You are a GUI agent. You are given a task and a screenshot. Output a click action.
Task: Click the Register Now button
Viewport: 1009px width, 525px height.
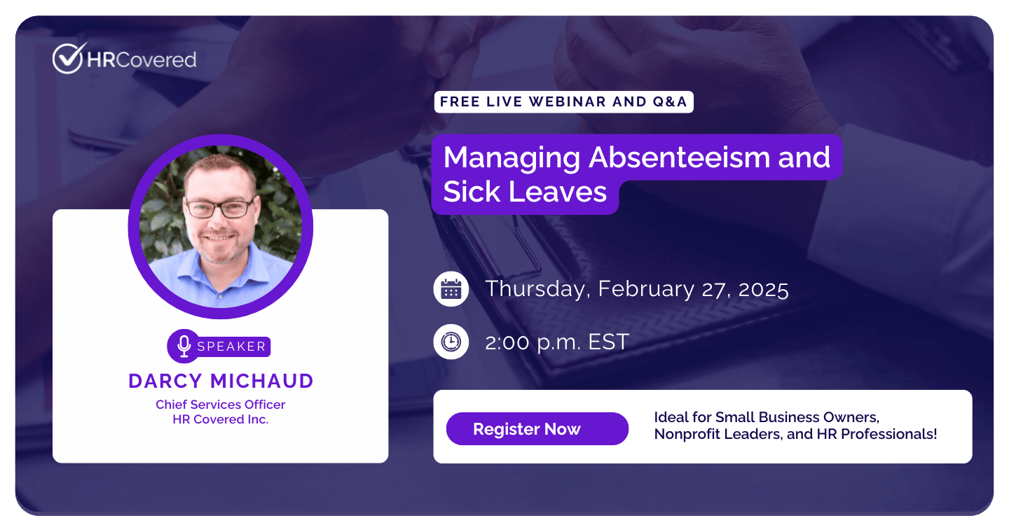coord(537,428)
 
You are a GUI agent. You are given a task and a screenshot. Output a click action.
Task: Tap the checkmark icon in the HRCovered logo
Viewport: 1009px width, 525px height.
coord(69,58)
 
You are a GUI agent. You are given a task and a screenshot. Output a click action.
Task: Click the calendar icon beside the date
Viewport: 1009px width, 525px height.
coord(451,289)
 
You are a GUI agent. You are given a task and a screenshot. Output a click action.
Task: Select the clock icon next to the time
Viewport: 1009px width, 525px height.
coord(451,342)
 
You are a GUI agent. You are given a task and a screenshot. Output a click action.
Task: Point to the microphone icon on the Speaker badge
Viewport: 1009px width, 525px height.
coord(184,346)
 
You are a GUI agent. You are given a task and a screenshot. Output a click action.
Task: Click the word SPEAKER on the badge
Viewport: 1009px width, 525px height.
coord(231,346)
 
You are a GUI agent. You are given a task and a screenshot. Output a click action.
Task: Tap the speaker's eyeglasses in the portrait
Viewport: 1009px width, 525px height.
coord(220,208)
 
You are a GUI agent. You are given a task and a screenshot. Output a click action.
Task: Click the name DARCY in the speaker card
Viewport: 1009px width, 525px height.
coord(165,381)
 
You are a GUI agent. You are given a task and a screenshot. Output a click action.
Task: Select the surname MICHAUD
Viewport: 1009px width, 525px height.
coord(262,381)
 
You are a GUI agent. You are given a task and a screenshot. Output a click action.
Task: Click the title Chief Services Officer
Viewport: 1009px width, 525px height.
coord(220,405)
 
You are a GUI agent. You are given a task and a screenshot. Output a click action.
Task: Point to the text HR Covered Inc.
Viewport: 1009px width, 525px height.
coord(220,419)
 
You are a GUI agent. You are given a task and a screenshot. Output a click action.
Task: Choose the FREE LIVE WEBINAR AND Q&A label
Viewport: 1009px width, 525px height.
coord(563,101)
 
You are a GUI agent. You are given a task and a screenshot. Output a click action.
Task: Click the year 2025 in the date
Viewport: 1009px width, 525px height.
coord(764,290)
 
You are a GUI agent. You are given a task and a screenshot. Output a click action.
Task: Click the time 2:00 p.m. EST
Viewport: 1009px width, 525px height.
coord(557,342)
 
